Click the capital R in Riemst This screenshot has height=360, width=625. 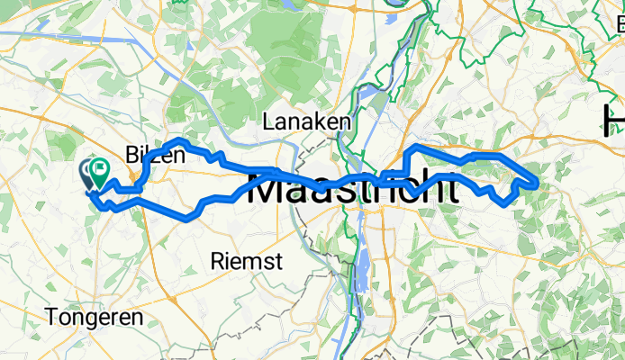click(x=215, y=262)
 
